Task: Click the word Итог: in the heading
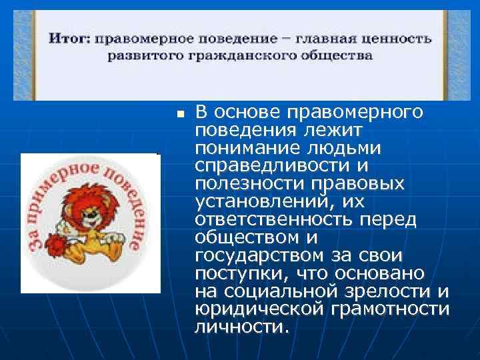[69, 39]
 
